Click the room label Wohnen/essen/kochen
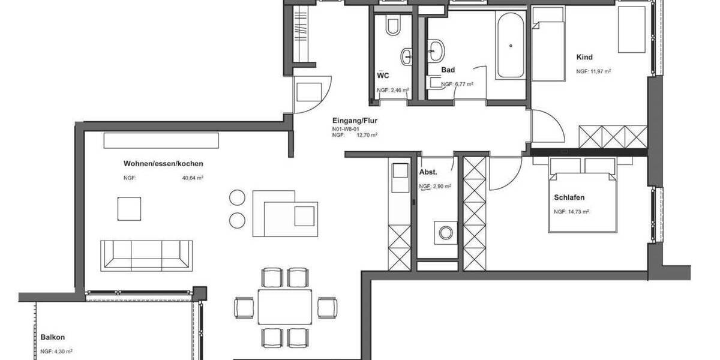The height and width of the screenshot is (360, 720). [163, 164]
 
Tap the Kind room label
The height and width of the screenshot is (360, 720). [584, 58]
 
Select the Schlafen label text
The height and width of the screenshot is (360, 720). [569, 197]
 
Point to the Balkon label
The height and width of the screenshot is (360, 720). [52, 337]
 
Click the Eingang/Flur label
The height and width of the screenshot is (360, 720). [355, 120]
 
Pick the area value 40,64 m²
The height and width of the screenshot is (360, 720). [193, 178]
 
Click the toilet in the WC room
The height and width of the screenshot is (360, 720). [394, 25]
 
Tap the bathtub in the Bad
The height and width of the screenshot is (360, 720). [511, 45]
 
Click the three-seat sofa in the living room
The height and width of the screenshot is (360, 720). [146, 255]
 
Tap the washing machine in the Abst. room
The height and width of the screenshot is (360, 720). [445, 232]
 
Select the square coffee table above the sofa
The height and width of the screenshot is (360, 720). [130, 209]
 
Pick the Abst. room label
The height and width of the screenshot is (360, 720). [427, 172]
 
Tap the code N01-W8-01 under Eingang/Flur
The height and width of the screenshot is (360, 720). [346, 128]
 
